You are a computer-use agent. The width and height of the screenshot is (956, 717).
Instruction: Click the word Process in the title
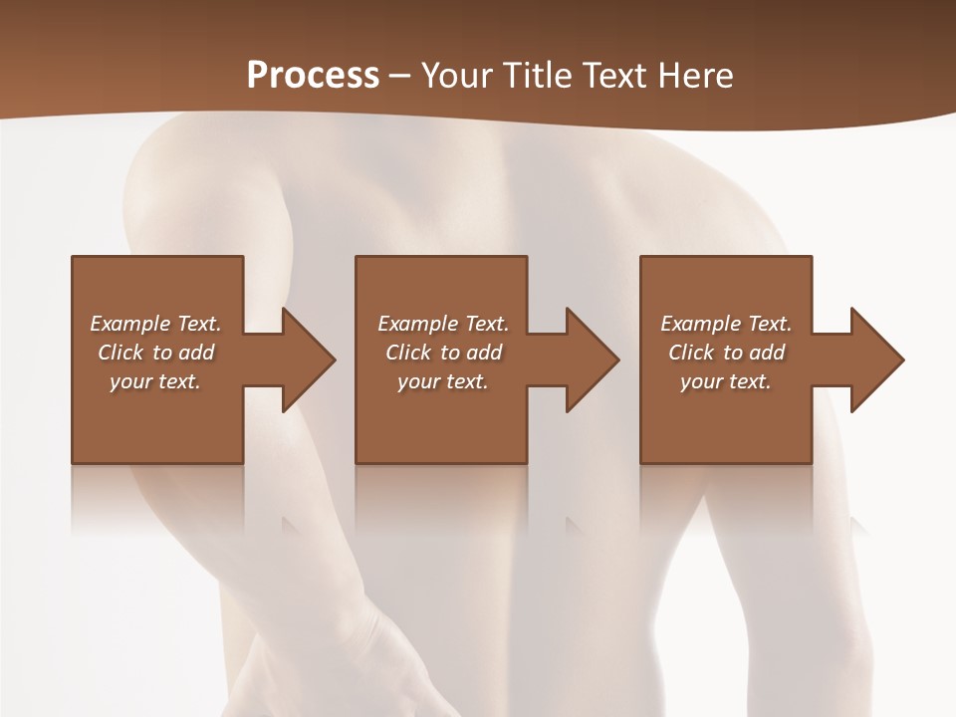313,75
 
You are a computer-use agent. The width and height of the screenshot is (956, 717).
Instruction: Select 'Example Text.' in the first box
155,324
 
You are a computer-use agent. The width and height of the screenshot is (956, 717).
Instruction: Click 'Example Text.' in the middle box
443,324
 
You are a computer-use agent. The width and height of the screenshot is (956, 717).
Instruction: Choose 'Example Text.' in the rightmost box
726,324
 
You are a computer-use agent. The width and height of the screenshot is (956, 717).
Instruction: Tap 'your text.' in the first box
155,381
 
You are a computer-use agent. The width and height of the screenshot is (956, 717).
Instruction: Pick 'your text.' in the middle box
443,381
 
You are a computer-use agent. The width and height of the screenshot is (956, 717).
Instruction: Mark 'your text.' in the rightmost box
726,381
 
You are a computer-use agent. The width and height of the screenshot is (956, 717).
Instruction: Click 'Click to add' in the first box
155,353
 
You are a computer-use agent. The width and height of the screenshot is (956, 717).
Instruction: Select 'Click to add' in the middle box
443,353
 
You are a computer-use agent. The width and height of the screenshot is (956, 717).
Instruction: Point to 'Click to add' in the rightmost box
726,353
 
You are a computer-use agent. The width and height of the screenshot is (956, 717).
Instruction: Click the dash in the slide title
400,76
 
